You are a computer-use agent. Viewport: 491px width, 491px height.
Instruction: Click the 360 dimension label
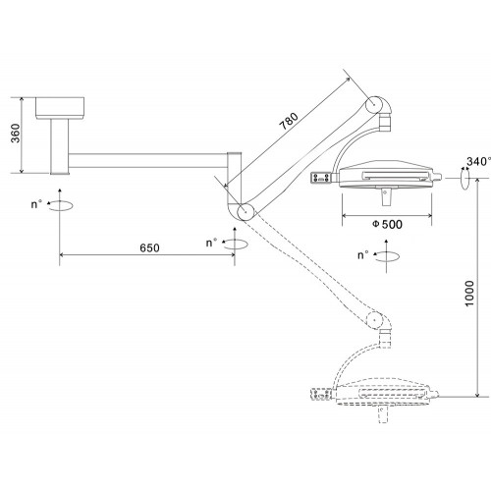pyautogui.click(x=16, y=134)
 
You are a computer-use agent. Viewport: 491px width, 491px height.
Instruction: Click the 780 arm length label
pyautogui.click(x=289, y=121)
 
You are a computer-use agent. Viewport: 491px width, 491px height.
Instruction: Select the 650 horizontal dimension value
pyautogui.click(x=149, y=247)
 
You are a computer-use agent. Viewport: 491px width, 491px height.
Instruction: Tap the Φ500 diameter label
pyautogui.click(x=387, y=224)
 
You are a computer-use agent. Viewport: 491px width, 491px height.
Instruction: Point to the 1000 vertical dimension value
pyautogui.click(x=469, y=294)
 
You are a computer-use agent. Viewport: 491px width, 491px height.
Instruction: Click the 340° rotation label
pyautogui.click(x=478, y=161)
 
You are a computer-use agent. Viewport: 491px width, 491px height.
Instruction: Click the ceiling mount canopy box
pyautogui.click(x=60, y=108)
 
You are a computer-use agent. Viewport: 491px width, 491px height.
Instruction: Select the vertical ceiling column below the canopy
pyautogui.click(x=60, y=146)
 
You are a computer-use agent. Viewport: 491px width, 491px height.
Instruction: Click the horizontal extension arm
pyautogui.click(x=148, y=160)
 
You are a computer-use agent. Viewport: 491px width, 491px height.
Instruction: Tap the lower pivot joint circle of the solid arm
pyautogui.click(x=245, y=212)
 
